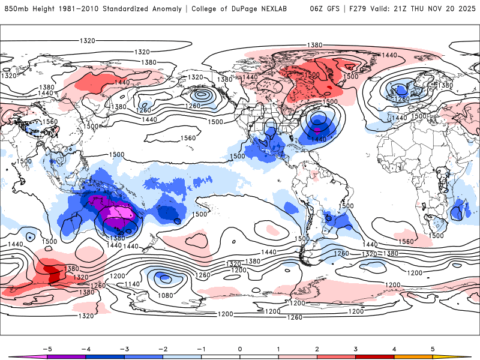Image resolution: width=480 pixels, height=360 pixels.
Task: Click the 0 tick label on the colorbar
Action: point(240,349)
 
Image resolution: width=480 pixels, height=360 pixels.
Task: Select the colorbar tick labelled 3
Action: point(356,349)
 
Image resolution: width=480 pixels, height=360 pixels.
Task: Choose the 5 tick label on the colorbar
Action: point(433,349)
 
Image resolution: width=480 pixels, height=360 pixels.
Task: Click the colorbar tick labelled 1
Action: point(278,349)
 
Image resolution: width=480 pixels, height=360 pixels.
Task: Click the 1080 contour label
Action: point(166,295)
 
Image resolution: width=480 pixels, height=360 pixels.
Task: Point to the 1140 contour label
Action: point(132,284)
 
